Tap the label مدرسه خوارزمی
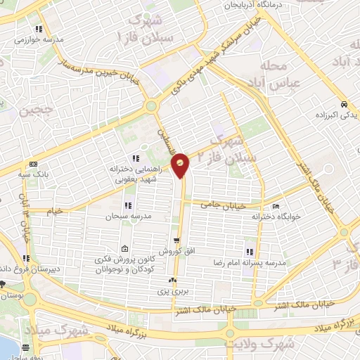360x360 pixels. coord(36,40)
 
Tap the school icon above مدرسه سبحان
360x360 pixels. coord(128,205)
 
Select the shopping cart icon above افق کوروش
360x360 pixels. coord(177,239)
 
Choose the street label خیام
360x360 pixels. coord(56,210)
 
